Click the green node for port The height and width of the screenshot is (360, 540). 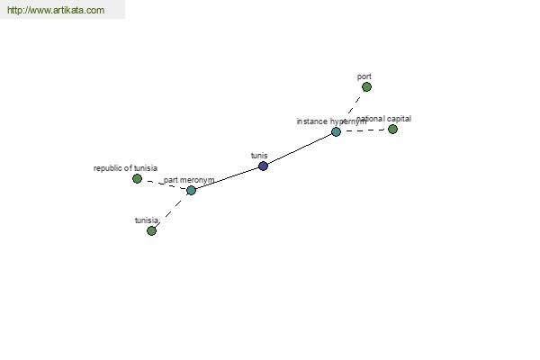(366, 87)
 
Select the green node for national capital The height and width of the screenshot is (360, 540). (392, 130)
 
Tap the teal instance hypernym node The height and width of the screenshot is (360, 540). (336, 132)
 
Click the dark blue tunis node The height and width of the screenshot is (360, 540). (263, 166)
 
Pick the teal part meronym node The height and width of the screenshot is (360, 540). (191, 191)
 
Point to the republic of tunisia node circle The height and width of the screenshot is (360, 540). (137, 179)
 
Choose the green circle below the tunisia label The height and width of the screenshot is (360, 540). (151, 231)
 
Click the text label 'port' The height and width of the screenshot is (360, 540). (364, 76)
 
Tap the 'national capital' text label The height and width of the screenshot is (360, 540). (385, 119)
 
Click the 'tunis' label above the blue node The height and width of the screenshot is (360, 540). (259, 156)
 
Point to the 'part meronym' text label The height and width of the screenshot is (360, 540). (189, 180)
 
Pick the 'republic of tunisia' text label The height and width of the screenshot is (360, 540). (125, 168)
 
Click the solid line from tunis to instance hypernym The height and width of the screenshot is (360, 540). (300, 149)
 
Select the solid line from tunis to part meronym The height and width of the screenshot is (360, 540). (227, 178)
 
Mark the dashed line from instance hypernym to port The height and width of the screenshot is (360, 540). (351, 110)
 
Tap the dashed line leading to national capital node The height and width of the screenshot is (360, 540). (364, 131)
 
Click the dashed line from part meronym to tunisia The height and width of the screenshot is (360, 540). (171, 211)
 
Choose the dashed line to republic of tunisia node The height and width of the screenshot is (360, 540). (163, 184)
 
